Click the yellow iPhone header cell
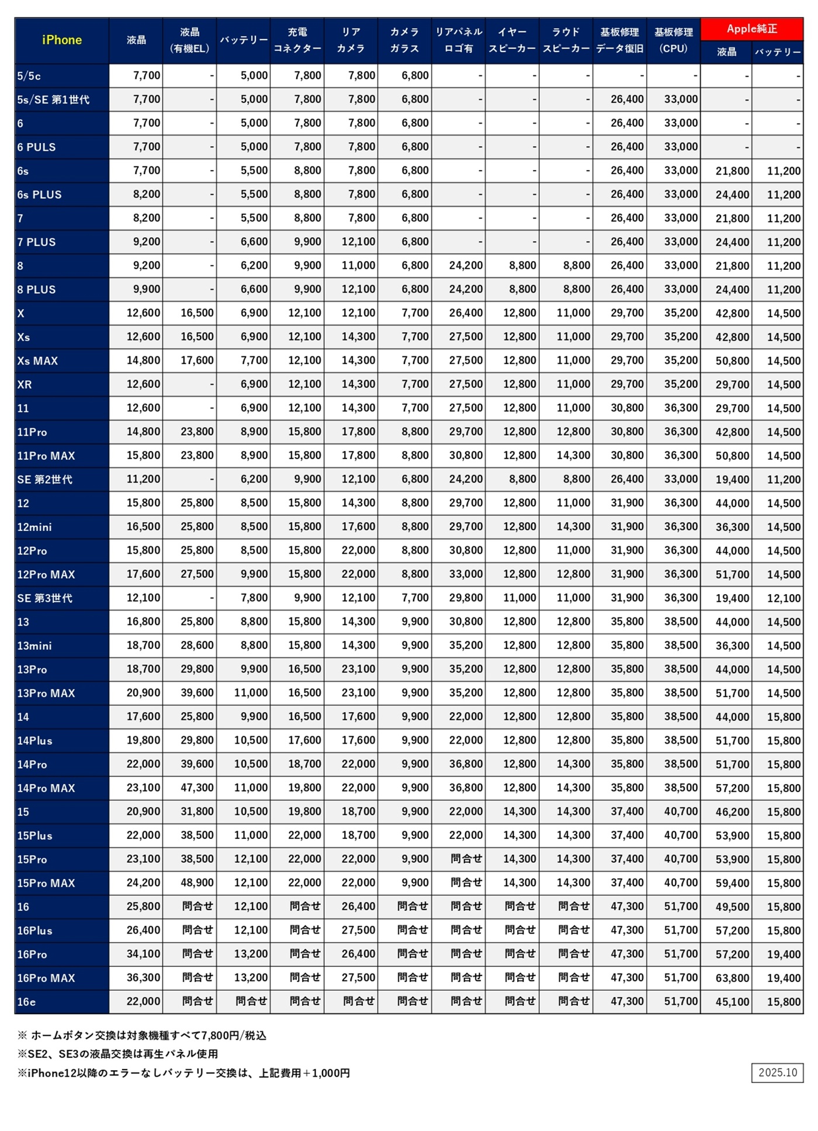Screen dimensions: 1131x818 (x=61, y=40)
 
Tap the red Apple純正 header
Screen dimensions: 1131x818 (x=751, y=29)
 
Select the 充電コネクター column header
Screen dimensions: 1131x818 (x=297, y=40)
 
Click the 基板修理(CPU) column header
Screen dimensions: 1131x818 (x=673, y=40)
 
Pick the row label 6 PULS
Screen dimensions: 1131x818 (x=36, y=147)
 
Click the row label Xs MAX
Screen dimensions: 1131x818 (x=37, y=361)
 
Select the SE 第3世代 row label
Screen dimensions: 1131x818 (x=44, y=598)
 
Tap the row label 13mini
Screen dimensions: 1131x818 (x=34, y=646)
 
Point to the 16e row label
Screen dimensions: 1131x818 (x=26, y=1002)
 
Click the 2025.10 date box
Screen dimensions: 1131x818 (x=777, y=1073)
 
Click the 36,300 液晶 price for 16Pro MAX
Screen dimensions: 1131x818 (x=144, y=978)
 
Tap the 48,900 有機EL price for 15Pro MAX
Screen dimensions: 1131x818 (x=197, y=883)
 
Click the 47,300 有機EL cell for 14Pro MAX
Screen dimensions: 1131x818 (x=197, y=788)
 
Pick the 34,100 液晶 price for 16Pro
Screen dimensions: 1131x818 (x=144, y=954)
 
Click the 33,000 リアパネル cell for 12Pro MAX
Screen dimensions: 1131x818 (x=466, y=574)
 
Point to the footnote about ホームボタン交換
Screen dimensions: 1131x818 (x=142, y=1036)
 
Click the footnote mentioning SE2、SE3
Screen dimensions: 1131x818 (x=117, y=1054)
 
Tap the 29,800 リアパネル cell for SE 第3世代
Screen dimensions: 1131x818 (x=466, y=598)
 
